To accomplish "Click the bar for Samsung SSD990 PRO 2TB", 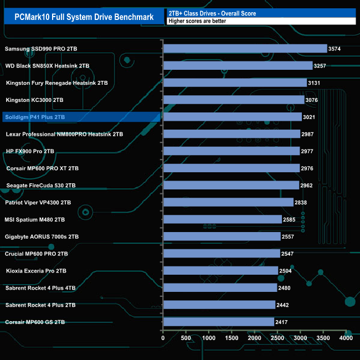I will coord(245,49).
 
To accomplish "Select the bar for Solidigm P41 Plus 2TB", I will coord(232,117).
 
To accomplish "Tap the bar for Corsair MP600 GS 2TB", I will coord(218,322).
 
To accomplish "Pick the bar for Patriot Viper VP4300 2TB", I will coord(228,202).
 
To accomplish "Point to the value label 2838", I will coord(302,202).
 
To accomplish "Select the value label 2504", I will coord(286,271).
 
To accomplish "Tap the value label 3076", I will coord(313,100).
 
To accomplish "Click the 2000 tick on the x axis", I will coord(254,338).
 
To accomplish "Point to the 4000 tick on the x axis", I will coord(346,338).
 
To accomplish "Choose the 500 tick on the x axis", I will coord(186,338).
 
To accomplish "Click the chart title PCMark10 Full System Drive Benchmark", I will coord(81,17).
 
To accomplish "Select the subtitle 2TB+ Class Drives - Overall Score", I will coord(212,13).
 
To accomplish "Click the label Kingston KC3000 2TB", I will coord(34,100).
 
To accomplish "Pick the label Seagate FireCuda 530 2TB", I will coord(41,186).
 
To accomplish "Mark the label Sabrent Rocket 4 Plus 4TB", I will coord(40,288).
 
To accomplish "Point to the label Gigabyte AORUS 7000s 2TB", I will coord(42,236).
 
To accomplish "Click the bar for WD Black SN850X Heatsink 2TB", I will coord(238,66).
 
